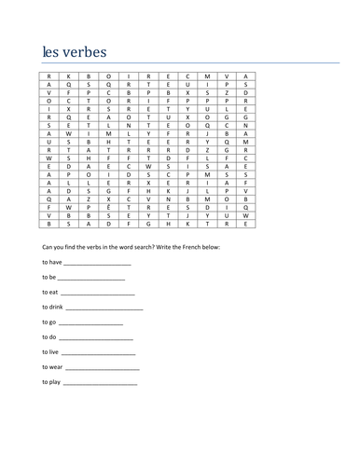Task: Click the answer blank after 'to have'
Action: pos(100,265)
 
